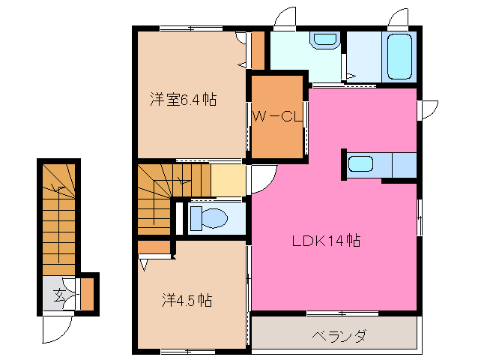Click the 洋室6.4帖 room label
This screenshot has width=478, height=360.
[183, 98]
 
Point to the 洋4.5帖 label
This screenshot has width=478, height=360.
[187, 301]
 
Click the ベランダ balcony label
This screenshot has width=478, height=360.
[339, 335]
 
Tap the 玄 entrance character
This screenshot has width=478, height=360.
[58, 294]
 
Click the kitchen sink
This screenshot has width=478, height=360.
[361, 163]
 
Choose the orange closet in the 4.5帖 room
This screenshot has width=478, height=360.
[154, 247]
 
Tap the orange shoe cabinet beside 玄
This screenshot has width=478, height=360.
[87, 294]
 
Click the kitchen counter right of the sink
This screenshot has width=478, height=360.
[404, 163]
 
